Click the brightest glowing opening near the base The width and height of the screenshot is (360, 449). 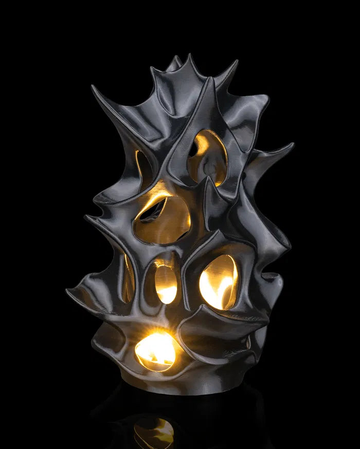[156, 351]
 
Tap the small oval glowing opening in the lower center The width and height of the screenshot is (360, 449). [166, 284]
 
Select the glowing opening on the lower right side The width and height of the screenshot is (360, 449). [219, 282]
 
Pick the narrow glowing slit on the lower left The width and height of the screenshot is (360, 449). [127, 280]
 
